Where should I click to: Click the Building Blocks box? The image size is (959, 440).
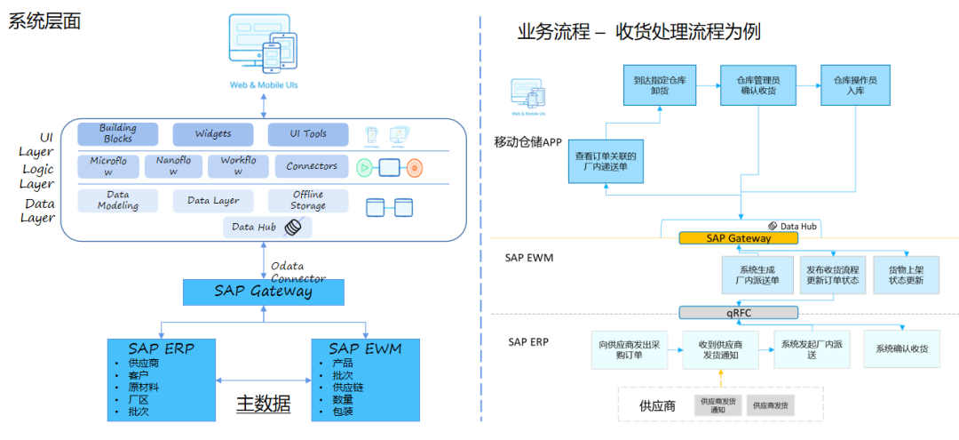[118, 134]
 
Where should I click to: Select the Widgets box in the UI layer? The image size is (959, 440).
[213, 134]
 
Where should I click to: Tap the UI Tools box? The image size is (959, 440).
[308, 134]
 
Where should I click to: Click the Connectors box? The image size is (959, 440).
[311, 166]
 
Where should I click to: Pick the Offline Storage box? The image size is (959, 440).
[307, 201]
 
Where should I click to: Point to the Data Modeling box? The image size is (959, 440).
[118, 201]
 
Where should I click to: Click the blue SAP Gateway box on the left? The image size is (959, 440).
[263, 292]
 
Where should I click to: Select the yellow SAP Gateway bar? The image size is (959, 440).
[738, 238]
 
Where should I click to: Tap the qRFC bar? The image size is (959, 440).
[739, 313]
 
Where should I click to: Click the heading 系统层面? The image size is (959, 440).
[44, 21]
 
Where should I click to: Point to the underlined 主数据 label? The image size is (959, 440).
[263, 404]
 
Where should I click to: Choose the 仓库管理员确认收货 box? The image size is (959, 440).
[755, 85]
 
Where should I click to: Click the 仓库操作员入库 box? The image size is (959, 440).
[855, 85]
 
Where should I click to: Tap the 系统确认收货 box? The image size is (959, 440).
[901, 349]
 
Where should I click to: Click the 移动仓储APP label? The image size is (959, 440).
[527, 142]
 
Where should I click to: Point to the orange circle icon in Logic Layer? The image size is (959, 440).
[414, 167]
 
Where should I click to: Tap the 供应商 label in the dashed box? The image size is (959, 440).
[657, 405]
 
